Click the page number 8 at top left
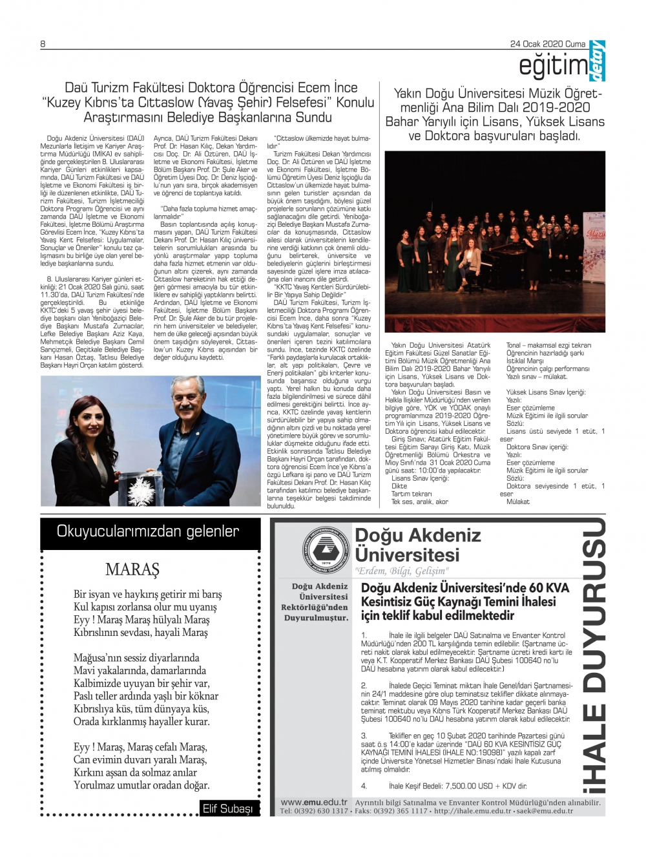[x=43, y=44]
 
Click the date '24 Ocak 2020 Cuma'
[x=547, y=44]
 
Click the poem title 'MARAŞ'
[x=132, y=569]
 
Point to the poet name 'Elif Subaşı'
[x=227, y=809]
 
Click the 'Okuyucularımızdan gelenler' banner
[x=148, y=531]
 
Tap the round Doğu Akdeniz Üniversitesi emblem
[x=326, y=551]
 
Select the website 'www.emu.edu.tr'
[x=313, y=802]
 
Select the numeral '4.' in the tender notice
[x=364, y=786]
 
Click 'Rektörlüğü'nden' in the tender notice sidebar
[x=315, y=608]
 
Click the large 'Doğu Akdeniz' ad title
[x=418, y=535]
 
